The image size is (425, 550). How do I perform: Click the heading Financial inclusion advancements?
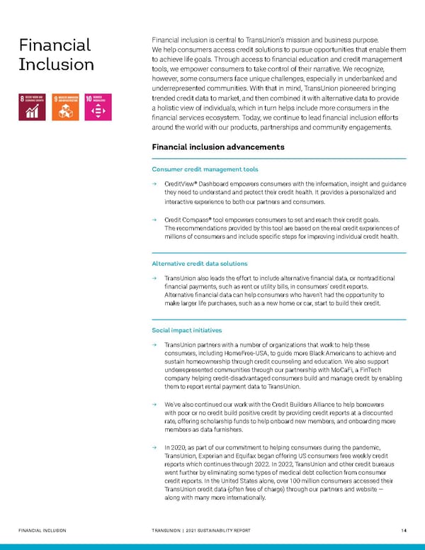(x=218, y=147)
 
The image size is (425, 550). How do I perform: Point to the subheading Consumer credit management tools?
(x=205, y=169)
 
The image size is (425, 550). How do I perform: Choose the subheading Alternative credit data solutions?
(x=200, y=264)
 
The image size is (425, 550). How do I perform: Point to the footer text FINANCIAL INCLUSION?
(x=42, y=529)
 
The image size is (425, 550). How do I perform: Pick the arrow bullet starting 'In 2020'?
(x=154, y=448)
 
